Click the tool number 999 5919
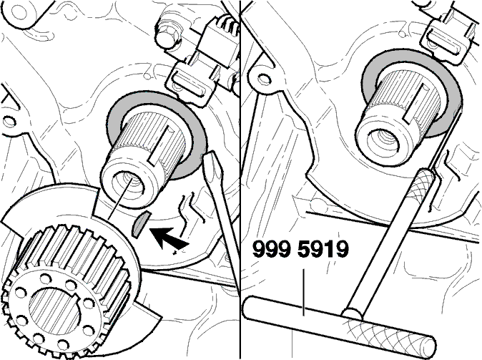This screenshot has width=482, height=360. click(x=300, y=249)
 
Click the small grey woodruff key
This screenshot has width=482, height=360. click(x=140, y=224)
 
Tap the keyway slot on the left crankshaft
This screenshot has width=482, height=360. click(x=160, y=145)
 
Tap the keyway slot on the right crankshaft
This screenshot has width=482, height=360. click(x=414, y=101)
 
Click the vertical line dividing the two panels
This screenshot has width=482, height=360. click(x=240, y=180)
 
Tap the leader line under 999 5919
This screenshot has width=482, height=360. click(x=304, y=292)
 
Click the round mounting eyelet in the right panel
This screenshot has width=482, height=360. click(x=262, y=77)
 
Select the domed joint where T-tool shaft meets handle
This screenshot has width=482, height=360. click(x=351, y=314)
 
